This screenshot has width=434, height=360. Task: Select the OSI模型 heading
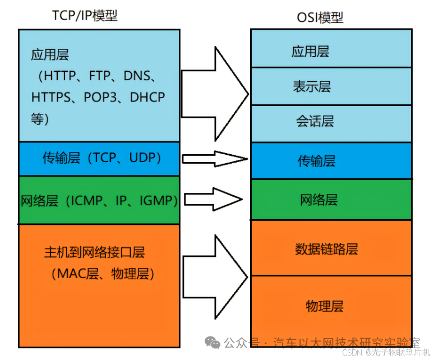pyautogui.click(x=320, y=17)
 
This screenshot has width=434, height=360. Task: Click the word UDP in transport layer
pyautogui.click(x=145, y=158)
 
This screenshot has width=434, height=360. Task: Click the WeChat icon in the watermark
pyautogui.click(x=212, y=342)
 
